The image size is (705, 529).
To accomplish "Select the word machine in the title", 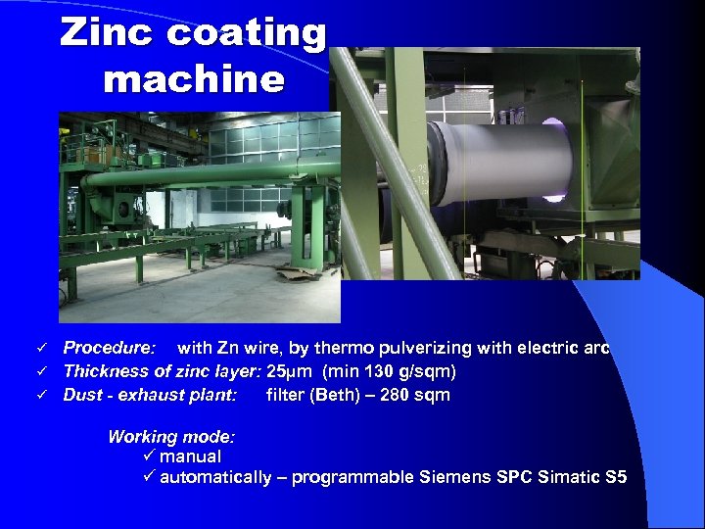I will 194,78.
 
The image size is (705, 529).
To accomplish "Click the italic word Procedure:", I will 109,348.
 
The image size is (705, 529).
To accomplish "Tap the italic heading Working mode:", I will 171,437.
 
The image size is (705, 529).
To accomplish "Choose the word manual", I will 190,457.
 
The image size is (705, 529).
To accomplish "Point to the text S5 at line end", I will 616,478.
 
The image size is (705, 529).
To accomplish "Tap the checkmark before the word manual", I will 149,457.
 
